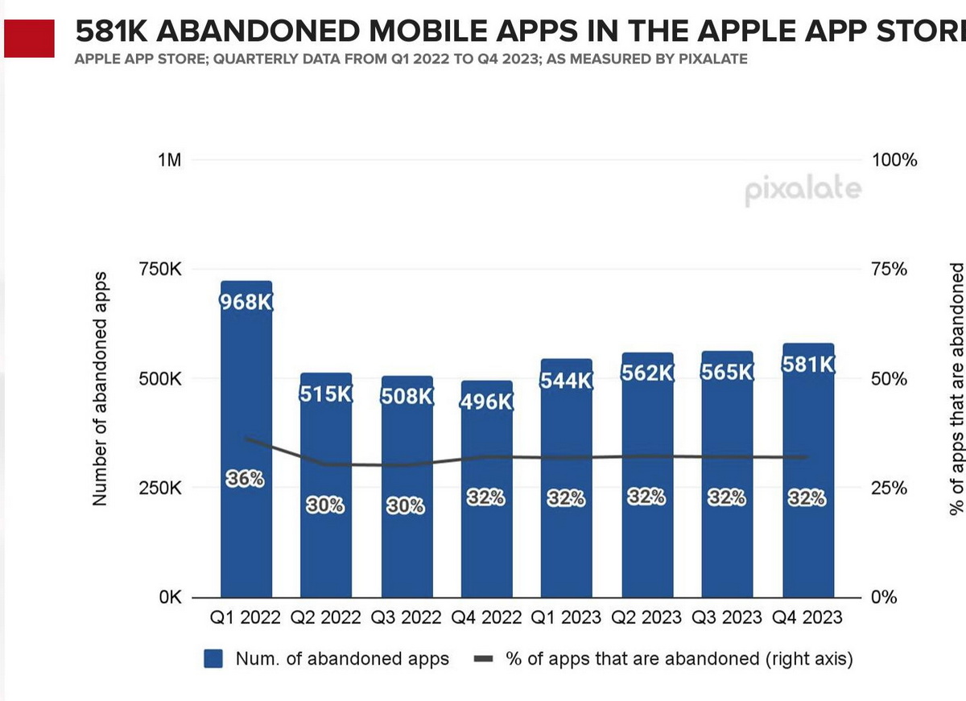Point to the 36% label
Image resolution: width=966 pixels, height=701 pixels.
pos(245,479)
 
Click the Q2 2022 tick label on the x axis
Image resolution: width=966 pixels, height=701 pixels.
pos(326,618)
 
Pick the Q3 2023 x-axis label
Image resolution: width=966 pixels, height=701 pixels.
pos(728,618)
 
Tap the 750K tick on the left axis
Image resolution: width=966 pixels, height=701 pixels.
pos(160,270)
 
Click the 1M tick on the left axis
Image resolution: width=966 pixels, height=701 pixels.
pos(168,160)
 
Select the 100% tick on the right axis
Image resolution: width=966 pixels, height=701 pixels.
pos(894,160)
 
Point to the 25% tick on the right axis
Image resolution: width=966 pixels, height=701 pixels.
pos(890,489)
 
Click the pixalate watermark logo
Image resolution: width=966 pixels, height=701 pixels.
pos(803,192)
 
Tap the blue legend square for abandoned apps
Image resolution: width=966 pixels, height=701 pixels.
pos(213,659)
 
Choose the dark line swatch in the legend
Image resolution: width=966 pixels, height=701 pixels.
pos(484,659)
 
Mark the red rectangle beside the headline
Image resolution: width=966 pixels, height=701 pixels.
pos(30,39)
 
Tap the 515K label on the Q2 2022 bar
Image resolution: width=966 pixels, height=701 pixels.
pos(326,396)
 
